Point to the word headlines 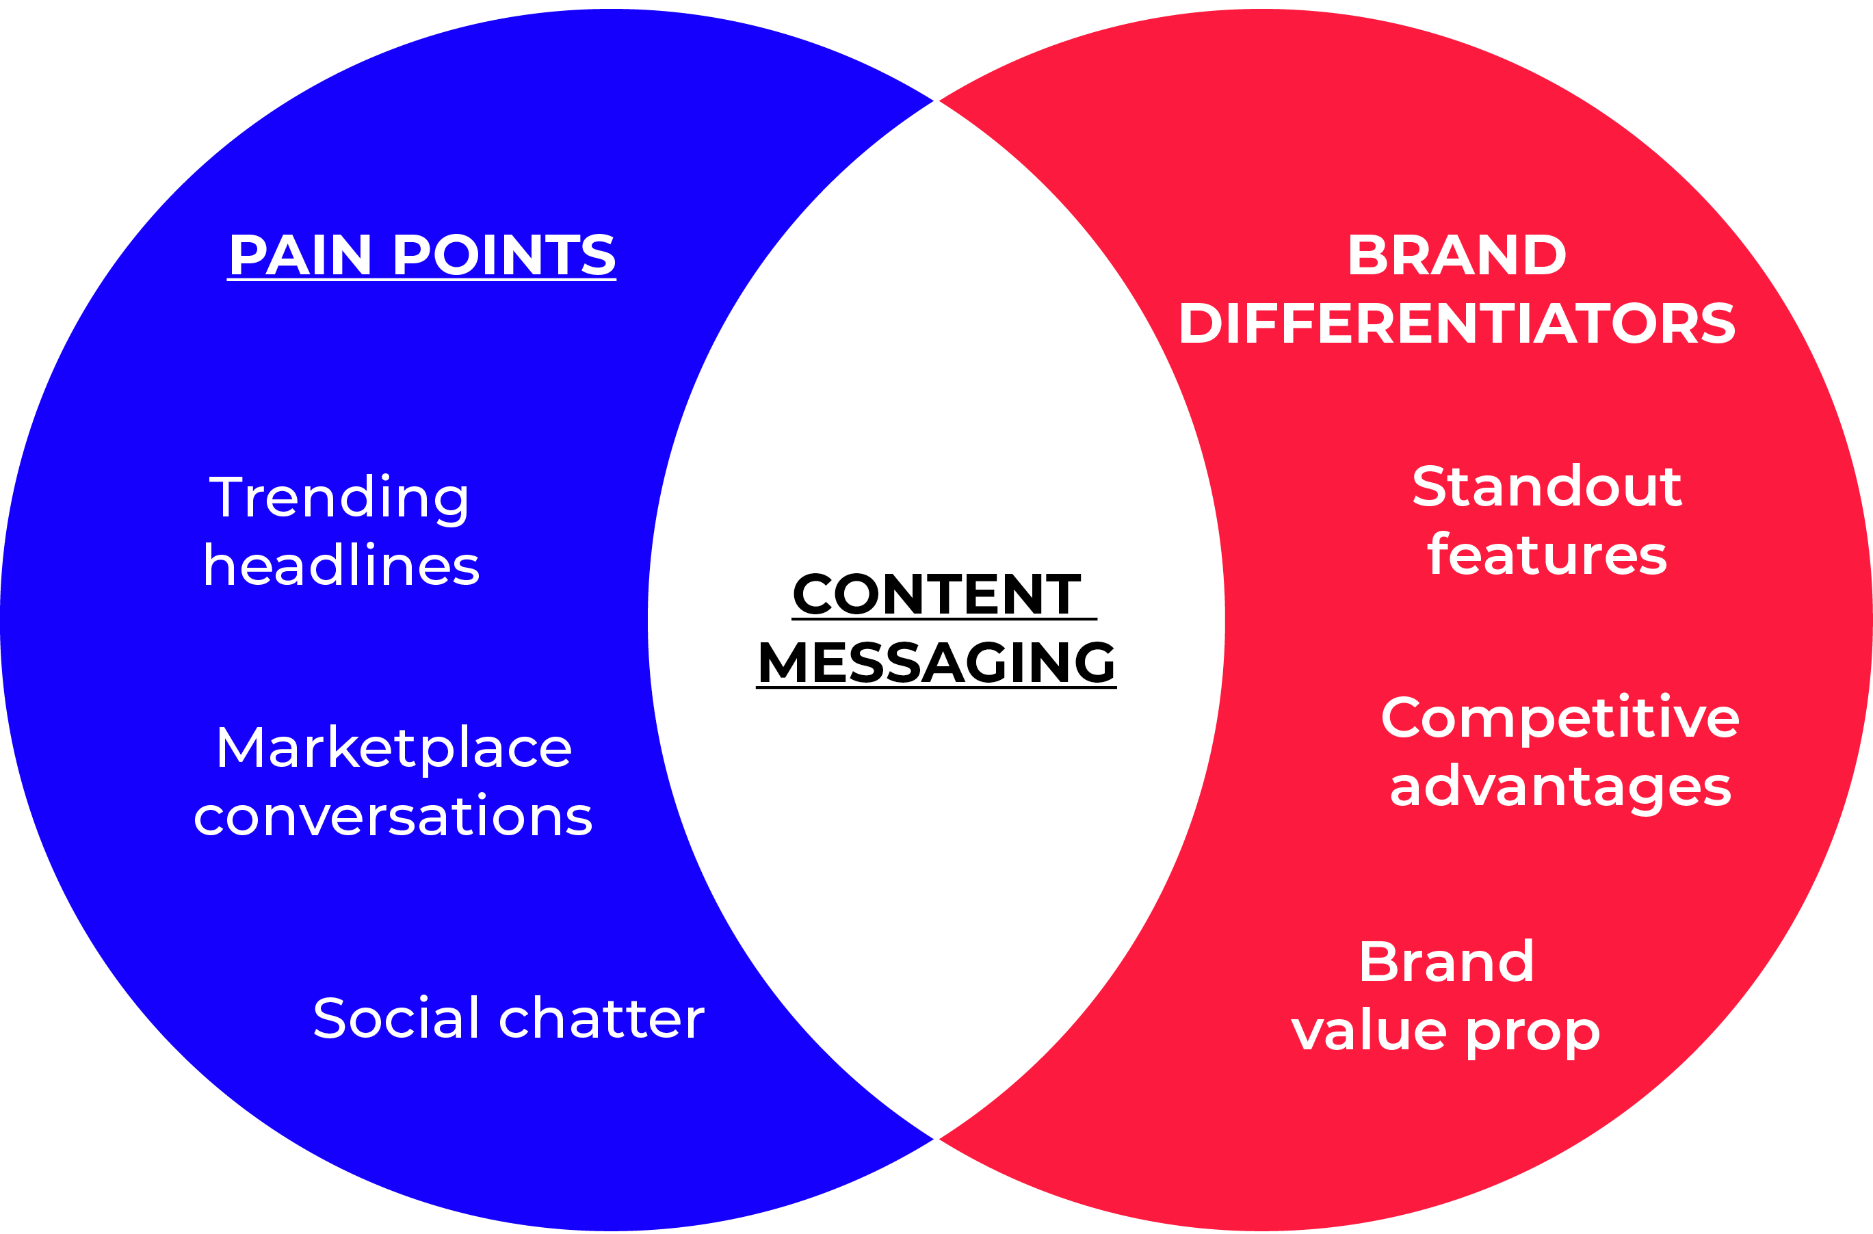tap(341, 565)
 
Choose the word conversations tap(393, 815)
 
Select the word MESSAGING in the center tap(936, 662)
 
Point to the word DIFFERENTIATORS tap(1456, 323)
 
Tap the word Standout tap(1547, 486)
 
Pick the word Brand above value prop tap(1446, 962)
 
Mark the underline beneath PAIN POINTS tap(422, 279)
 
